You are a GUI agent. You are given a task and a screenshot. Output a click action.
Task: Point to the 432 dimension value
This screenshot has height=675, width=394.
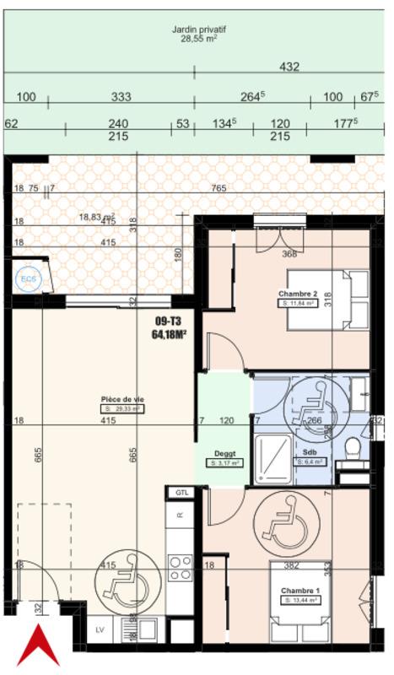pyautogui.click(x=289, y=67)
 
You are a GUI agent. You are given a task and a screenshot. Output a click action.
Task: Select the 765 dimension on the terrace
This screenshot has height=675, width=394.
pyautogui.click(x=219, y=189)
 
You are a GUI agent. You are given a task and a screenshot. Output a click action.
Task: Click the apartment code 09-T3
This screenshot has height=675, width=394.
pyautogui.click(x=169, y=321)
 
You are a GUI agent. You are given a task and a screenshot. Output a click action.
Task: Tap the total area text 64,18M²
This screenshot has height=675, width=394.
pyautogui.click(x=169, y=334)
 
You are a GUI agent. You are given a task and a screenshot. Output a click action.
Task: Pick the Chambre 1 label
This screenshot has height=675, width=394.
pyautogui.click(x=300, y=591)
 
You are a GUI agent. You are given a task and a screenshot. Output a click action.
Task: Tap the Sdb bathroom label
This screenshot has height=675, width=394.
pyautogui.click(x=310, y=452)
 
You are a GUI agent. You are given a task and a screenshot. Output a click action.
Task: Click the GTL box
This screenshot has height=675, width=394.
pyautogui.click(x=181, y=492)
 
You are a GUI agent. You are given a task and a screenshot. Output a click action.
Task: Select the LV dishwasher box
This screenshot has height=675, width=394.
pyautogui.click(x=99, y=629)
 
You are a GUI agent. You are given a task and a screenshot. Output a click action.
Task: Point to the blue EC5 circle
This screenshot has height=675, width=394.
pyautogui.click(x=25, y=276)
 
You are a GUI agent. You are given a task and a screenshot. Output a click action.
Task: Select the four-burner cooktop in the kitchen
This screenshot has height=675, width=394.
pyautogui.click(x=180, y=567)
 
